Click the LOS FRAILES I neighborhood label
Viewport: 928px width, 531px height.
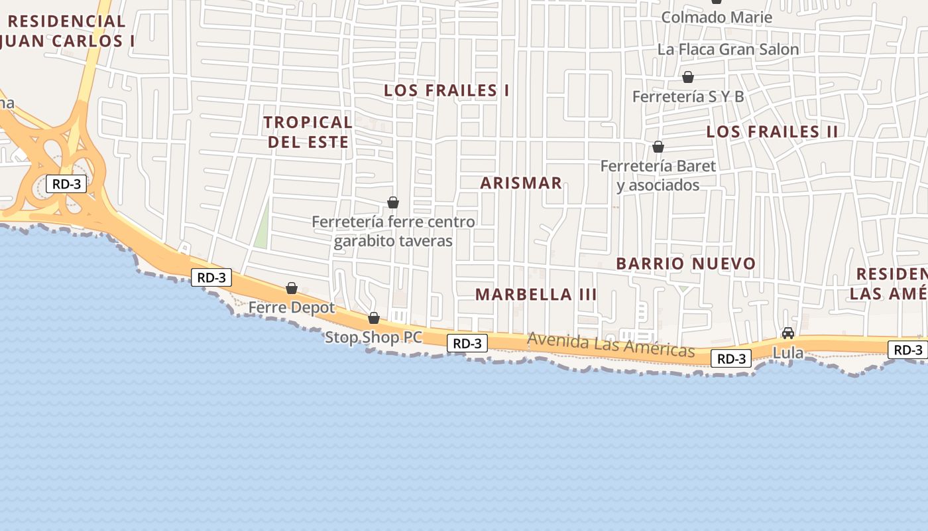point(447,90)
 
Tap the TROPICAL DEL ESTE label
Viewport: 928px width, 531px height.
point(308,131)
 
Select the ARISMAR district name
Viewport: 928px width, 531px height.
point(521,183)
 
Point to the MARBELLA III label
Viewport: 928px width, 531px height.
point(536,294)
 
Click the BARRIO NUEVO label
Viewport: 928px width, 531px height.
point(686,264)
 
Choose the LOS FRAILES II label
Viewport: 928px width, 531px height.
point(772,131)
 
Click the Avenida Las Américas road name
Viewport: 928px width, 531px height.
point(610,344)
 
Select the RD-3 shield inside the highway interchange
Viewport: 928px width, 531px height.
point(66,184)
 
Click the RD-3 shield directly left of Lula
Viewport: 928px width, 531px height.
point(732,359)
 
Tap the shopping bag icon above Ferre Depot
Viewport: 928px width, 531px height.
point(291,288)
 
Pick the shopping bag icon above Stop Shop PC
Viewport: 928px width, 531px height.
point(374,318)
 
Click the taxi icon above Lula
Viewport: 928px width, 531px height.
point(787,333)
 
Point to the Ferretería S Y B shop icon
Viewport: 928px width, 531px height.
point(688,78)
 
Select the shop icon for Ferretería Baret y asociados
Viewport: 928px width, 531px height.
point(658,147)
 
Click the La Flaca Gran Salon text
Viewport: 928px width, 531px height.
point(728,49)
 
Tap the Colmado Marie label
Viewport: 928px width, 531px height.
point(717,17)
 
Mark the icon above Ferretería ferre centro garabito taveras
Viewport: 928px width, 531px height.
point(393,202)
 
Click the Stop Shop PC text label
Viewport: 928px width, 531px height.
point(373,337)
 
